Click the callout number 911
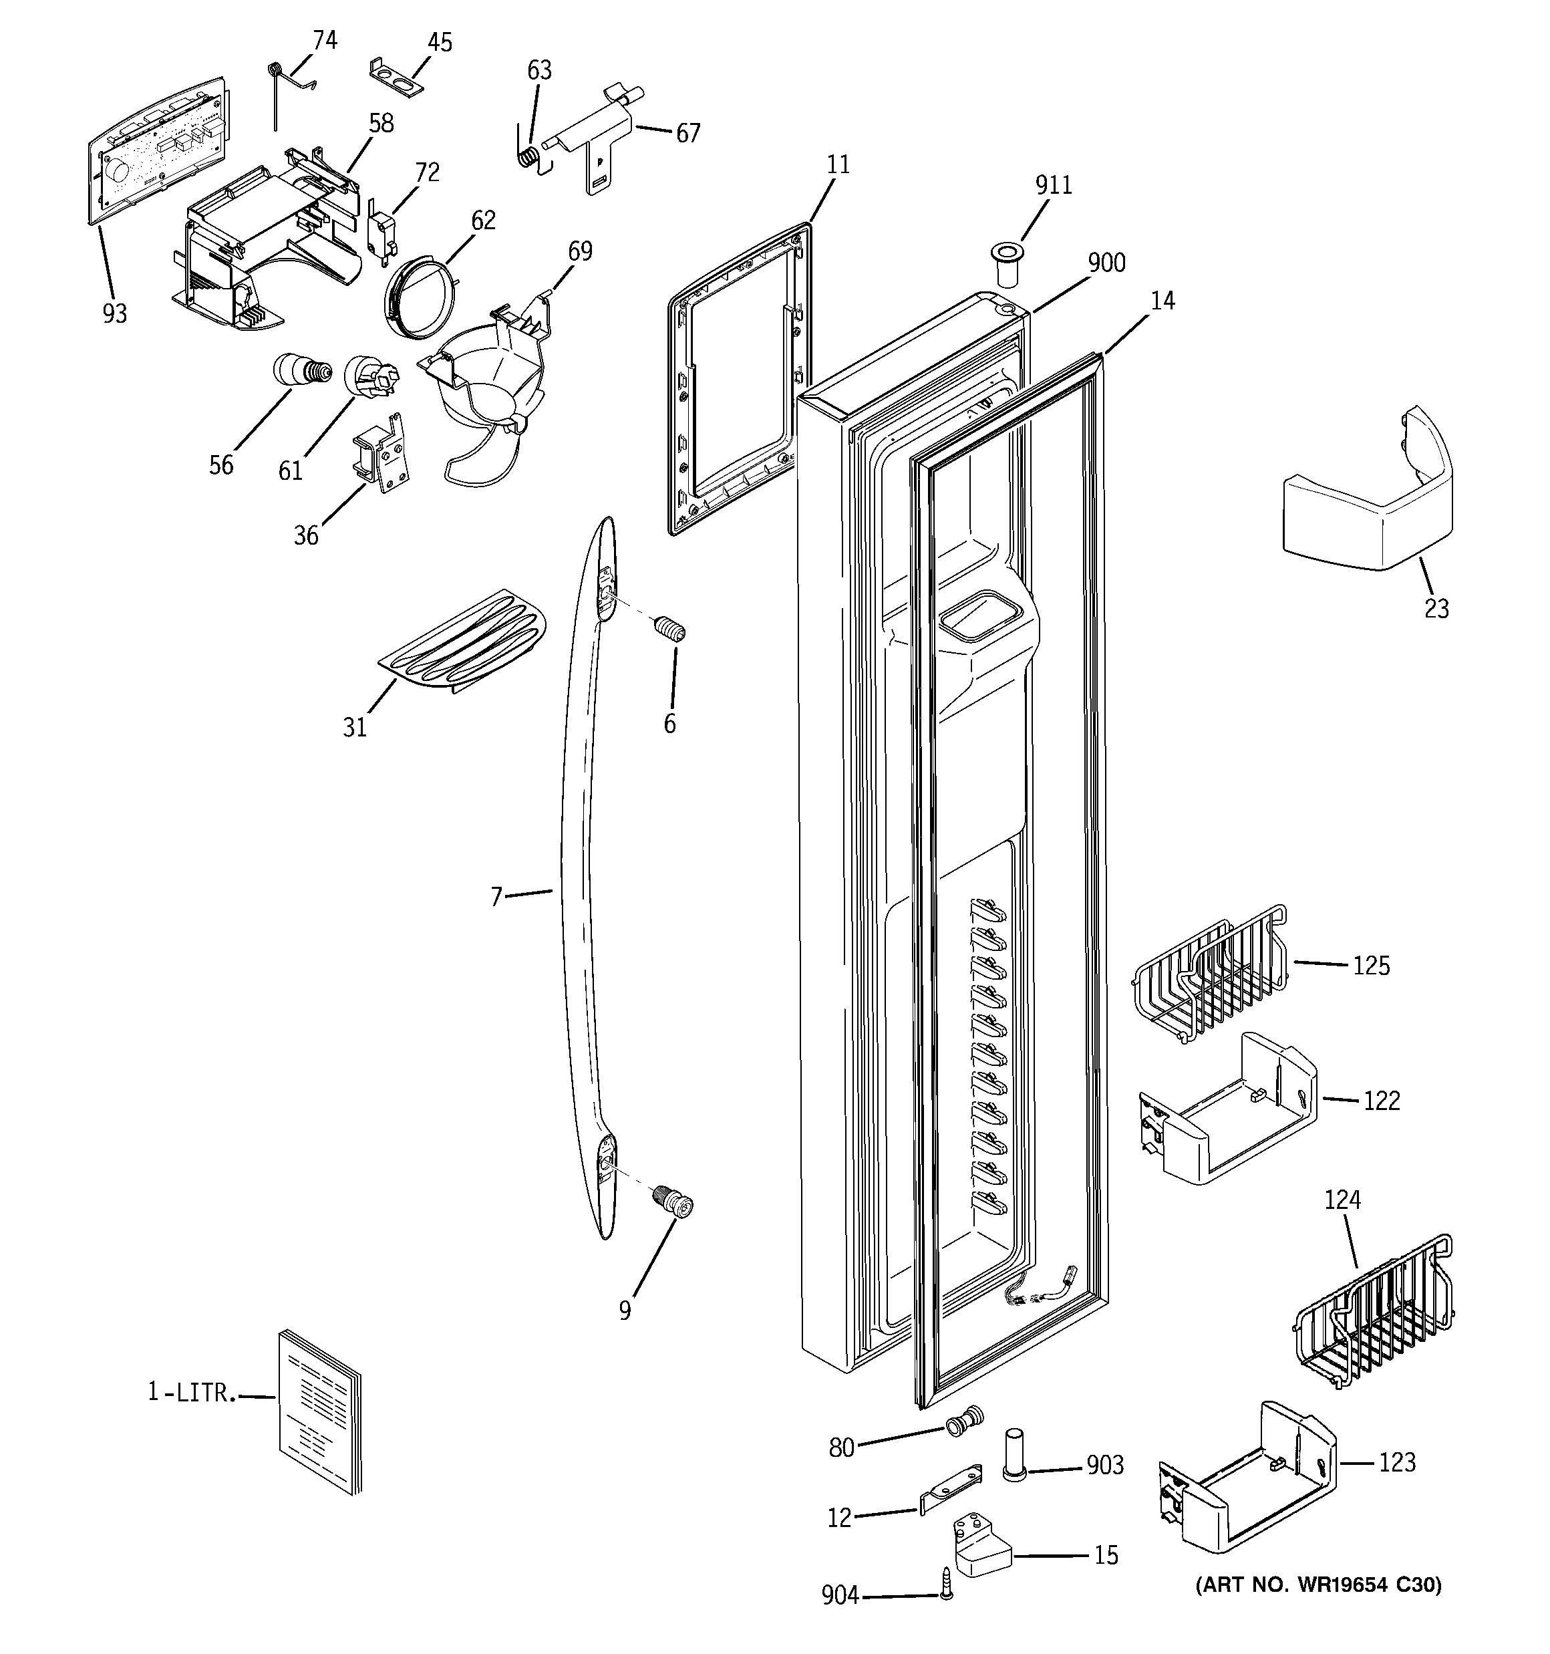tap(1054, 184)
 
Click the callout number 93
tap(115, 313)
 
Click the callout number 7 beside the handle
tap(496, 897)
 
